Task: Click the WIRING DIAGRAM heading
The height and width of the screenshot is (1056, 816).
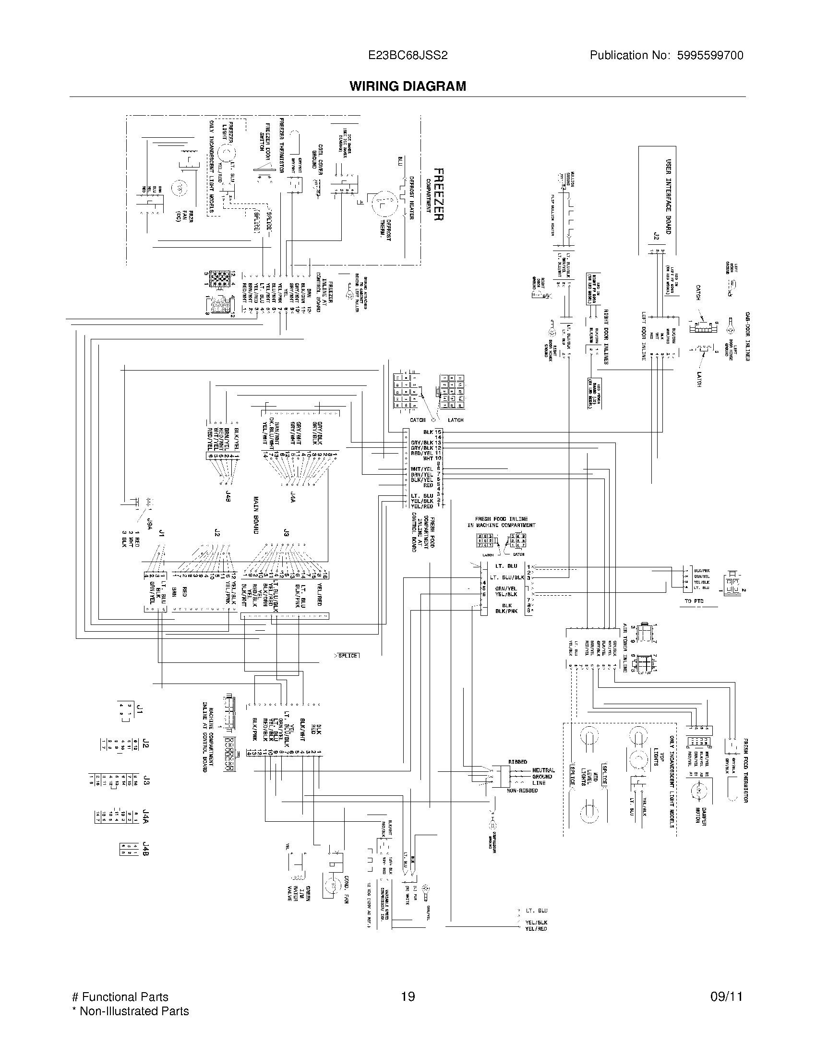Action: pyautogui.click(x=408, y=86)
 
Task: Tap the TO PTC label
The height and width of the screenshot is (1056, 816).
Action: pyautogui.click(x=694, y=601)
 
